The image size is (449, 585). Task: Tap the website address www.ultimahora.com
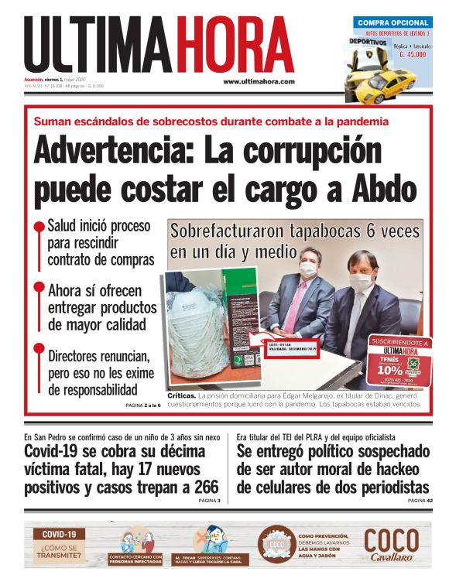click(x=259, y=81)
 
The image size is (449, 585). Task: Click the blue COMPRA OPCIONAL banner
click(x=392, y=22)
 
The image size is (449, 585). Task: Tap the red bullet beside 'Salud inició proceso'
click(x=38, y=227)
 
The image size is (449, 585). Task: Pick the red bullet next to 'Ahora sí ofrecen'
click(x=38, y=287)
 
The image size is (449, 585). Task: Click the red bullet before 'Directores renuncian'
click(x=38, y=349)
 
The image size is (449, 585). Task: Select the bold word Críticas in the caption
click(x=176, y=395)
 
